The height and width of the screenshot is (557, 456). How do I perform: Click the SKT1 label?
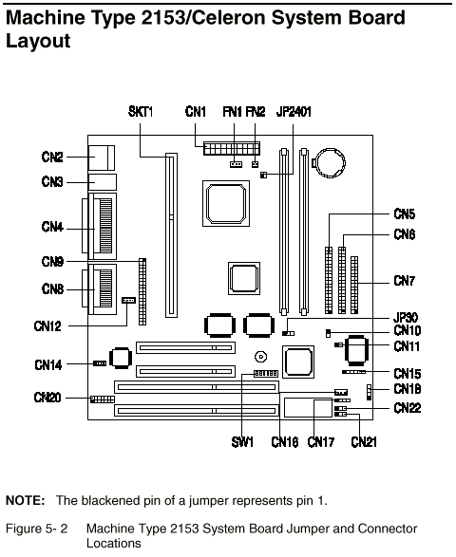tap(141, 112)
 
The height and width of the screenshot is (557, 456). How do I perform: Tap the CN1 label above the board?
tap(196, 112)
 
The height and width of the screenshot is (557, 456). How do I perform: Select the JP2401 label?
tap(294, 112)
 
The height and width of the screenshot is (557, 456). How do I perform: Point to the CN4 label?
tap(52, 226)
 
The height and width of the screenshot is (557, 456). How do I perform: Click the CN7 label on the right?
tap(405, 281)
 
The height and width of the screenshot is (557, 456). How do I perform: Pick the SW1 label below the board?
tap(242, 442)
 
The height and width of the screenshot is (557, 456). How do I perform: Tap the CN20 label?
tap(47, 398)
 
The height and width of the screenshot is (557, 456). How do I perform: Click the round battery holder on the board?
tap(330, 163)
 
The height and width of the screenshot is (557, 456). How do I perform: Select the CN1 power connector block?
tap(232, 148)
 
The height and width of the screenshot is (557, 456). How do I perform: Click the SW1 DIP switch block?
tap(266, 373)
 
